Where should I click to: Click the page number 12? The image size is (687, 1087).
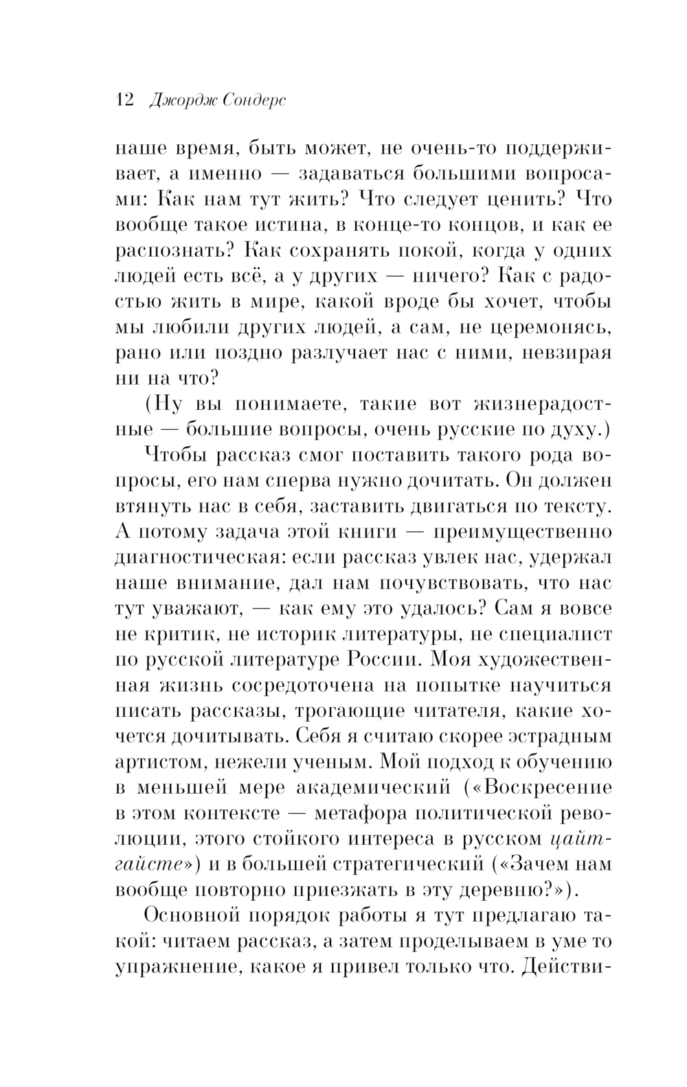coord(124,100)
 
